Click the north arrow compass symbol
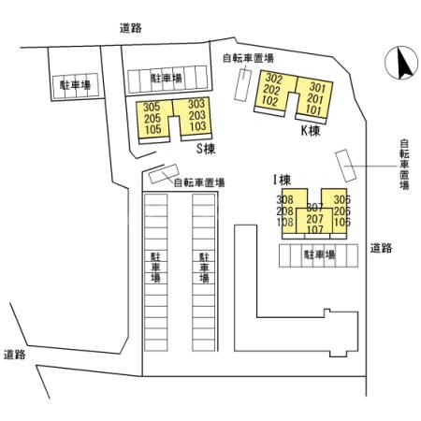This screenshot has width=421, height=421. click(x=401, y=64)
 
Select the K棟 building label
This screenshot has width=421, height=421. click(x=311, y=131)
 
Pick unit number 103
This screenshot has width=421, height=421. click(x=196, y=126)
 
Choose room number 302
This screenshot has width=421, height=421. click(x=273, y=78)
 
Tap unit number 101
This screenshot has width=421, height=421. click(x=314, y=110)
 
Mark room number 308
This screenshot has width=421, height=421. click(x=285, y=200)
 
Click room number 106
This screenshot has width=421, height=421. click(x=342, y=223)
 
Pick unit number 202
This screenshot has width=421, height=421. click(x=273, y=89)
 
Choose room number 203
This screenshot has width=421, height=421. click(x=196, y=115)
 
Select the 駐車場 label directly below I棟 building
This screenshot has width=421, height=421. click(x=319, y=254)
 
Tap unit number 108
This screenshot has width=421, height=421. click(x=285, y=223)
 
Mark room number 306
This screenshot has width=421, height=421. click(x=342, y=200)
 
